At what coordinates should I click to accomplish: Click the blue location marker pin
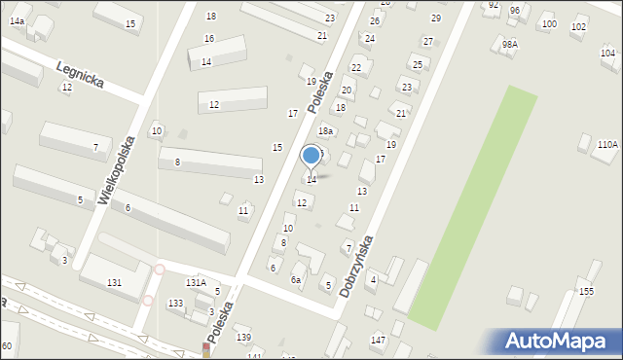pos(311,156)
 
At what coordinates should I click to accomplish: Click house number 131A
pos(196,282)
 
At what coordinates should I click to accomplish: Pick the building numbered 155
pos(586,291)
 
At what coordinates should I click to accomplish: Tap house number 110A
pos(607,144)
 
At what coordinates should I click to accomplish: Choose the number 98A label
pos(510,45)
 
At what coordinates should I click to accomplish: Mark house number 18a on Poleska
pos(326,131)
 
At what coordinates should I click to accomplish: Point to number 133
pos(175,304)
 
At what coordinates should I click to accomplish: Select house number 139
pos(243,337)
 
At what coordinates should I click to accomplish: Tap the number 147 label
pos(378,340)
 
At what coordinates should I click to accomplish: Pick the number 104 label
pos(607,53)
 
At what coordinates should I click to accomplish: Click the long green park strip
pos(472,209)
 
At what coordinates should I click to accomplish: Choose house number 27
pos(428,41)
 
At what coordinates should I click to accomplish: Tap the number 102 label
pos(578,27)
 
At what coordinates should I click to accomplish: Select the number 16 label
pos(209,38)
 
